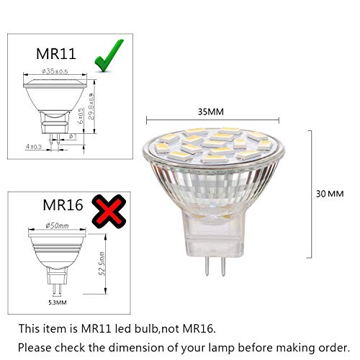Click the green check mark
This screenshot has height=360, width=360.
click(x=104, y=56)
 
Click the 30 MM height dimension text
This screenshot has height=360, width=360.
click(x=330, y=194)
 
